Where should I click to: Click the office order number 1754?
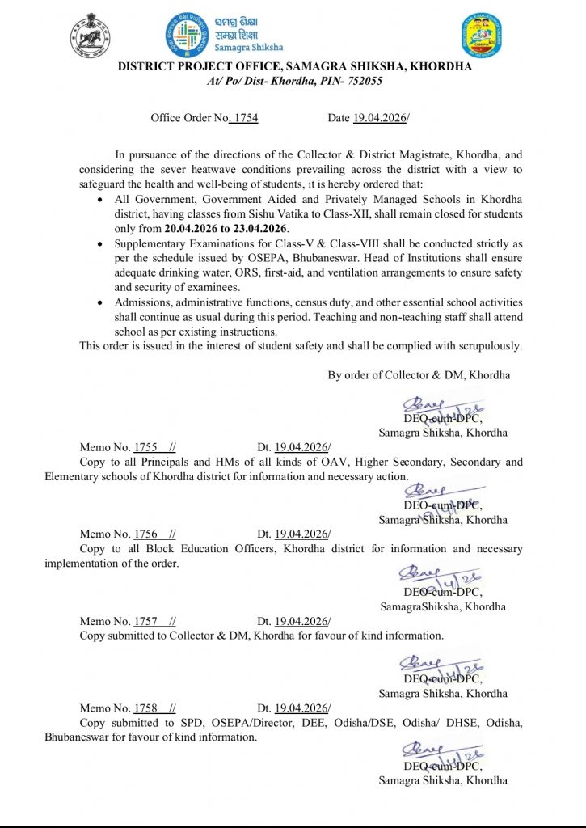tap(244, 118)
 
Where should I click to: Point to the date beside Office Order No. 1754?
tap(379, 118)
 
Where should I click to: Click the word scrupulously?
tap(487, 346)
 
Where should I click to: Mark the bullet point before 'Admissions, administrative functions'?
tap(99, 302)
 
